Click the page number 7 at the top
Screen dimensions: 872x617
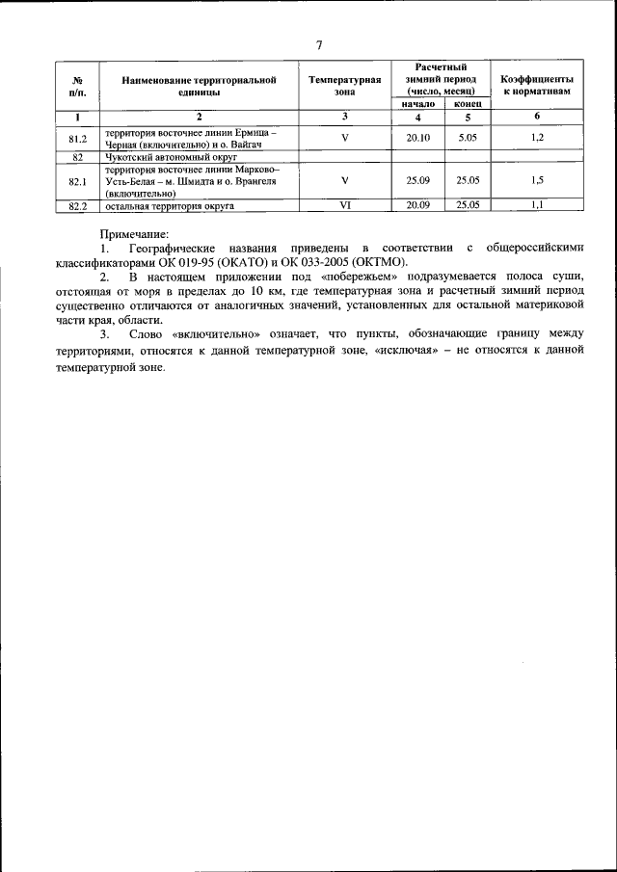(318, 43)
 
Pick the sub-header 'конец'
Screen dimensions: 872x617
(467, 103)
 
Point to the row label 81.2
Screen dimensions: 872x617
(79, 138)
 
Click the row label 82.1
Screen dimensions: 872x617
(79, 180)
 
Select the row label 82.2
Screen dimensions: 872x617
(79, 205)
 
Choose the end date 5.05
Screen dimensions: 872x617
(468, 138)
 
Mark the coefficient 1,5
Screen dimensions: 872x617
(537, 180)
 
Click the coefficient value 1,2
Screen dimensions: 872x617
(537, 138)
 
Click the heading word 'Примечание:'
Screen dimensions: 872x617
(134, 234)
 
